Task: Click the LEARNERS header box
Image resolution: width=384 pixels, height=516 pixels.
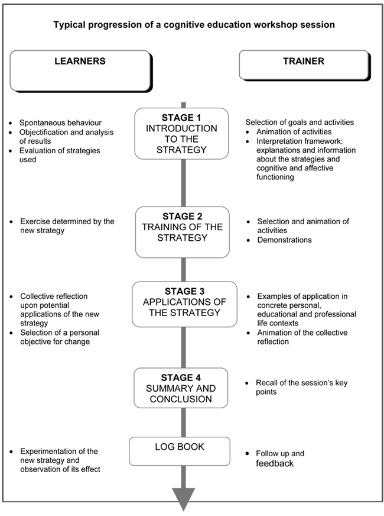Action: point(80,70)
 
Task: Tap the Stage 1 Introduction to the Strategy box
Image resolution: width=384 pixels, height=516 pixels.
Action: point(181,134)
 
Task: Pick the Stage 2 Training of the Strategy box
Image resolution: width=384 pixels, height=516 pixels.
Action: point(183,232)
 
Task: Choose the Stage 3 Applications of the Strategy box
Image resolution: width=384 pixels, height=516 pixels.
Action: point(184,304)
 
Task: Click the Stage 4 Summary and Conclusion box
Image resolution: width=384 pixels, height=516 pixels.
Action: point(181,388)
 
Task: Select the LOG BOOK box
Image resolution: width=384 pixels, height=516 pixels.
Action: point(180,451)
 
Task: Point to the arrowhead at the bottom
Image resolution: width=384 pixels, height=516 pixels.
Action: point(184,499)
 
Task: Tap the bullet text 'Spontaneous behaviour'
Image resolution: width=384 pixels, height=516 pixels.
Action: point(60,122)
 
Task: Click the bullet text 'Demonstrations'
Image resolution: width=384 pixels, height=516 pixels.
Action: point(285,240)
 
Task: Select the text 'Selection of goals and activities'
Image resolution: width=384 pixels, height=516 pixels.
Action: point(300,122)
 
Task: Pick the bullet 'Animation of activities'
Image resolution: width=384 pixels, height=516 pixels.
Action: point(294,131)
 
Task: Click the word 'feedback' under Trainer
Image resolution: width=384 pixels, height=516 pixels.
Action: point(275,463)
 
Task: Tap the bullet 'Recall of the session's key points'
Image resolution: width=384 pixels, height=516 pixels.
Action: point(301,388)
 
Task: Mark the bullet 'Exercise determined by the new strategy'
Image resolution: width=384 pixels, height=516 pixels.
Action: point(67,226)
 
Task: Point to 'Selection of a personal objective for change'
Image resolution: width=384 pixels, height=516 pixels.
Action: point(60,337)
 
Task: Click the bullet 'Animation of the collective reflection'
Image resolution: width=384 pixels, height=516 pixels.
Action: point(302,337)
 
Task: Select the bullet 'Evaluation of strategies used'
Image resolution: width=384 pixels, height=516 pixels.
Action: point(60,155)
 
